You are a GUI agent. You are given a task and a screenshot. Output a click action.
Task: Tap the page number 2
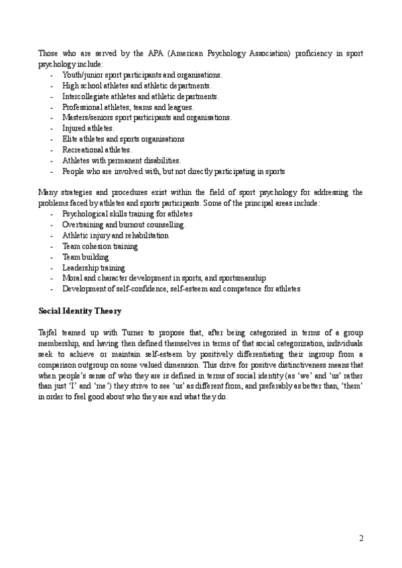pyautogui.click(x=361, y=538)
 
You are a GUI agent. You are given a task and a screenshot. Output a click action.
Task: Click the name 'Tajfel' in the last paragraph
pyautogui.click(x=48, y=333)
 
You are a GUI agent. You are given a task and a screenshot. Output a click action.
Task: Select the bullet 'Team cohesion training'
pyautogui.click(x=100, y=246)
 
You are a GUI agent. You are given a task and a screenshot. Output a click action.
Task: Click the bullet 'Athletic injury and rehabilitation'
pyautogui.click(x=115, y=236)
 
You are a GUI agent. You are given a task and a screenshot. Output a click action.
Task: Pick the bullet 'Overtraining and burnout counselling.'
pyautogui.click(x=124, y=225)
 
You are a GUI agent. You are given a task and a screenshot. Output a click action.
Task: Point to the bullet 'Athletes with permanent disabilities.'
pyautogui.click(x=121, y=161)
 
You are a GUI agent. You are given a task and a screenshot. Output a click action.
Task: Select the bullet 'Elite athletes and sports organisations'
pyautogui.click(x=123, y=139)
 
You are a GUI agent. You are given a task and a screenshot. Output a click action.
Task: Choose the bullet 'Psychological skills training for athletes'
pyautogui.click(x=127, y=214)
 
